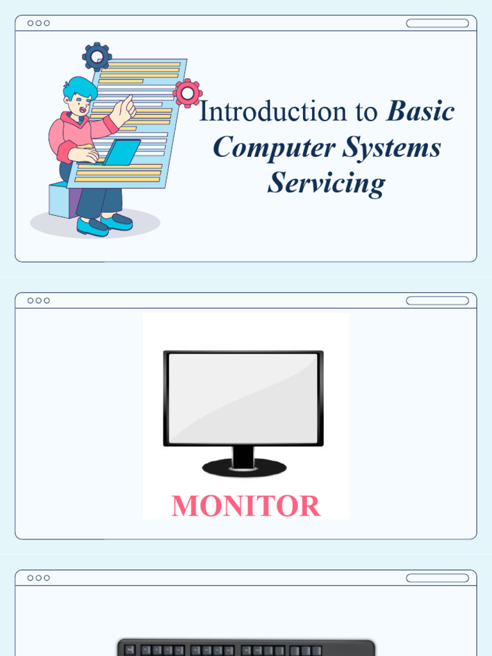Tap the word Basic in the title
point(420,112)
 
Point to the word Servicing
point(327,183)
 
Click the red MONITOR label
point(246,506)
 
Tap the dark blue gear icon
point(97,57)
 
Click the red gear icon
point(187,94)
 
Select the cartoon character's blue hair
point(79,87)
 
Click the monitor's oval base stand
point(244,468)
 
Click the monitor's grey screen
point(243,398)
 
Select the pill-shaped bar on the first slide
point(438,23)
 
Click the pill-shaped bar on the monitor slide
point(438,300)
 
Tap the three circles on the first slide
point(38,23)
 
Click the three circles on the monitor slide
point(38,300)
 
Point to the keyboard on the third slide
point(246,648)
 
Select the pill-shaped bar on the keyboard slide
point(438,578)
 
